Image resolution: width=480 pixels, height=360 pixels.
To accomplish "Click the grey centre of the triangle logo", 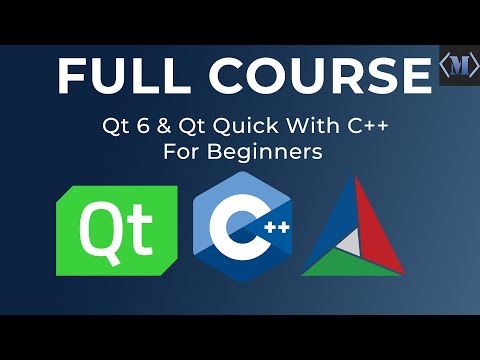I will tap(352, 240).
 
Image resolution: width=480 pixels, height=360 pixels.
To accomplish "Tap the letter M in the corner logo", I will tap(459, 65).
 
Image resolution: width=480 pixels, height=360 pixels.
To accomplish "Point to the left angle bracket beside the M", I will tap(445, 65).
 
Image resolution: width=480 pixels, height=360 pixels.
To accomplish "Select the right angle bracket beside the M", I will tap(474, 65).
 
